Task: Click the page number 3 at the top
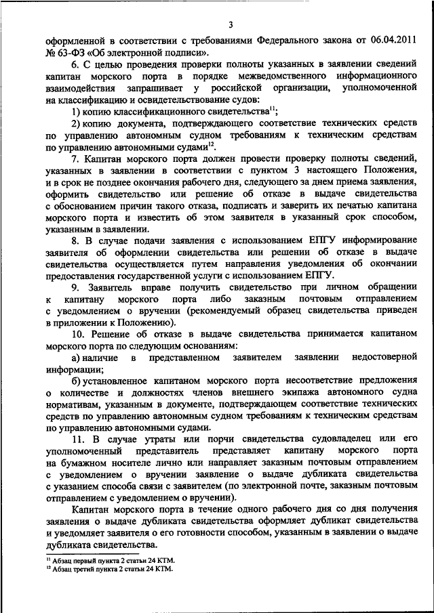coord(230,25)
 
